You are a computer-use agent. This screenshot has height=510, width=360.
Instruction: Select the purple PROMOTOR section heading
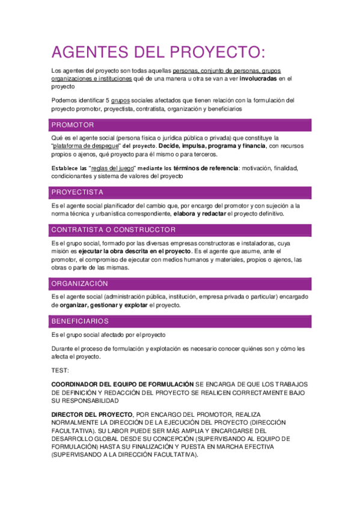click(x=73, y=125)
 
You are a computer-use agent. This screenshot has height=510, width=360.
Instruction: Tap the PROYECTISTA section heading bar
click(x=78, y=192)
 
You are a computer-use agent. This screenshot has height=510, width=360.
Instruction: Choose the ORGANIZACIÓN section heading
click(x=80, y=283)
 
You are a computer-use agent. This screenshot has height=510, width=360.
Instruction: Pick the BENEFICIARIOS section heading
click(x=80, y=321)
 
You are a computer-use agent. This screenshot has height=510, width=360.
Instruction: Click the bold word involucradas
click(x=259, y=79)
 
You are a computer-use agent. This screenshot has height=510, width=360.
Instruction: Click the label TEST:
click(x=60, y=370)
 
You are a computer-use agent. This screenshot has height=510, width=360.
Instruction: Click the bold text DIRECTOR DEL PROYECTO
click(x=92, y=415)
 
